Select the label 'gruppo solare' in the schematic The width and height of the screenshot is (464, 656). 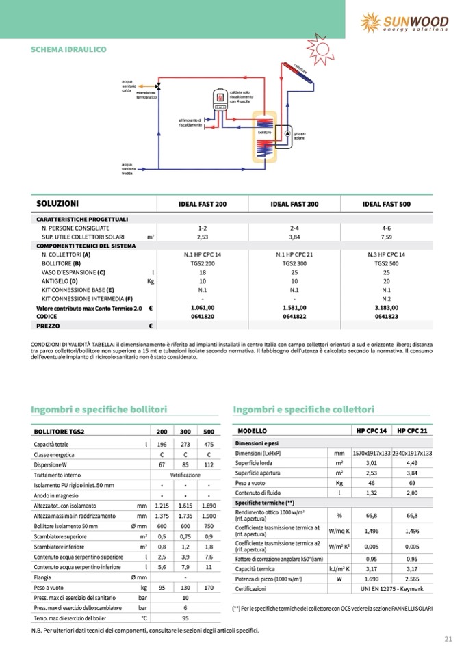(x=299, y=135)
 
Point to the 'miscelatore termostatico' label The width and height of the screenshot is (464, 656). (x=146, y=95)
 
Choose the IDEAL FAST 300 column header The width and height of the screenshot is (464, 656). (x=294, y=205)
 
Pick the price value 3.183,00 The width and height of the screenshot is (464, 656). (x=387, y=308)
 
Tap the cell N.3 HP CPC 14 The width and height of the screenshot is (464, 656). (x=387, y=254)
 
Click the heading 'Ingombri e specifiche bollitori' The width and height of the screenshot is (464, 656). (x=99, y=410)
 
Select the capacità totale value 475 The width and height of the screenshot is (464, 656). (x=209, y=445)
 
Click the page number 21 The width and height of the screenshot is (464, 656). (x=448, y=639)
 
